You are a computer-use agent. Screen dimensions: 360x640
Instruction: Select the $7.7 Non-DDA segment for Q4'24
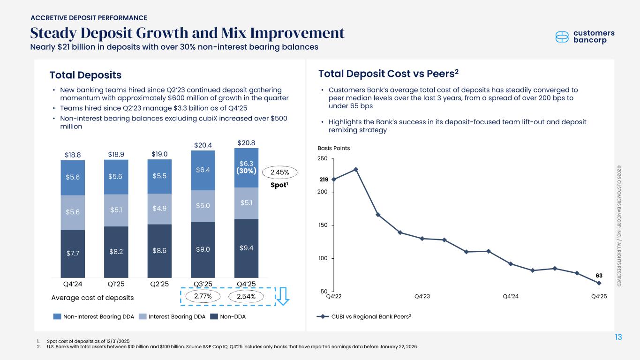(73, 254)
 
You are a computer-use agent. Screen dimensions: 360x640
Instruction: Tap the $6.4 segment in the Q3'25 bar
(203, 170)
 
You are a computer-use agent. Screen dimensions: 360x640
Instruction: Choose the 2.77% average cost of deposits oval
(203, 296)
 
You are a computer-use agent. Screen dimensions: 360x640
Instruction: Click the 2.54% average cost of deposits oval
(247, 296)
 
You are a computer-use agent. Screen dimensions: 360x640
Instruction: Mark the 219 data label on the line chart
(323, 180)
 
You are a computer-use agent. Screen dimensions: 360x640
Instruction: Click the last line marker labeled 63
(599, 283)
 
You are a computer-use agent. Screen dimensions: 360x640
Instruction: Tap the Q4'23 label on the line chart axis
(422, 296)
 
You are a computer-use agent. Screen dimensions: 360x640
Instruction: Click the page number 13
(619, 337)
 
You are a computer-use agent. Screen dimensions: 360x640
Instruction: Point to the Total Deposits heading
(85, 75)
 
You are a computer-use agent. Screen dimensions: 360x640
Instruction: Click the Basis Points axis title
(334, 148)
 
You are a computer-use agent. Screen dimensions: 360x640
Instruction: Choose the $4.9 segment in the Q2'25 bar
(159, 209)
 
